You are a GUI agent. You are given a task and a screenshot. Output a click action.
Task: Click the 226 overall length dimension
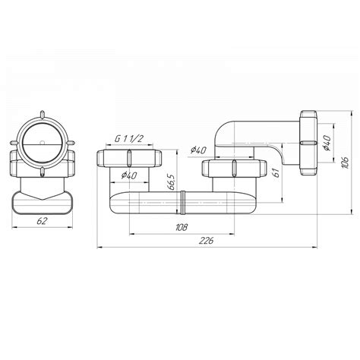pyautogui.click(x=207, y=241)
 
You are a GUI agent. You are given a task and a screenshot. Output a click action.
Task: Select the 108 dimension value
pyautogui.click(x=182, y=227)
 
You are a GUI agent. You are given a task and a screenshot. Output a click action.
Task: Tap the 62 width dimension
pyautogui.click(x=42, y=221)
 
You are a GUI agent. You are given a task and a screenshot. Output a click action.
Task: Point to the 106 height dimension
pyautogui.click(x=345, y=163)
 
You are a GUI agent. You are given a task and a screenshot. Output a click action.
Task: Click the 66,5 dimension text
pyautogui.click(x=171, y=182)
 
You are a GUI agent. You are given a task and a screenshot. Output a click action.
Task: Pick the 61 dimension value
pyautogui.click(x=276, y=172)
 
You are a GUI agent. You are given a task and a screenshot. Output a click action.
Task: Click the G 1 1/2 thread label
pyautogui.click(x=129, y=139)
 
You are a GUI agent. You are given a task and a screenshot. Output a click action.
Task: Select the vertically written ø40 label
pyautogui.click(x=327, y=143)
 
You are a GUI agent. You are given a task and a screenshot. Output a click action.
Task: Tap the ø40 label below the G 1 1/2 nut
pyautogui.click(x=129, y=175)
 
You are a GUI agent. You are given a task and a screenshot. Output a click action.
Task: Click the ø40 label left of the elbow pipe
pyautogui.click(x=198, y=150)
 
